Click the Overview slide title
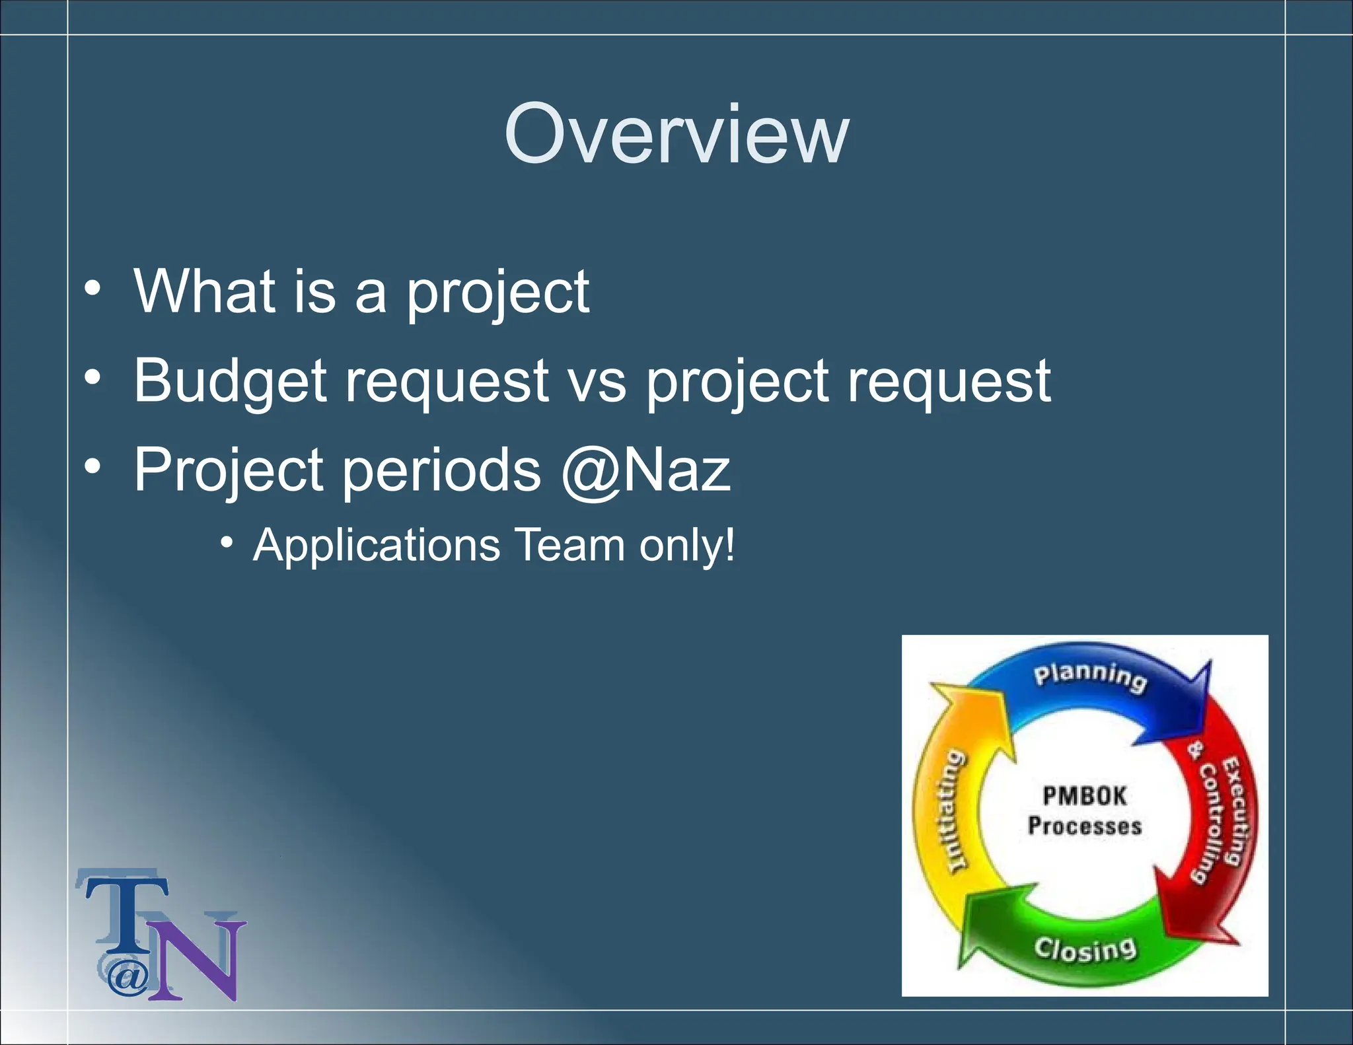click(676, 135)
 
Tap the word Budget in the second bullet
click(230, 381)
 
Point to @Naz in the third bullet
click(646, 470)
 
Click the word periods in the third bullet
click(441, 470)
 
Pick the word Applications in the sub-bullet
click(377, 546)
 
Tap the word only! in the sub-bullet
click(686, 546)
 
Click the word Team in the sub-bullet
click(569, 546)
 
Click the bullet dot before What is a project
click(93, 289)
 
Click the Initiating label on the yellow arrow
click(954, 811)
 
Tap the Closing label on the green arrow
click(1085, 949)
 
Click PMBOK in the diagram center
click(1085, 796)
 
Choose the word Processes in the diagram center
click(1085, 826)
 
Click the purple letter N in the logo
click(198, 961)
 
